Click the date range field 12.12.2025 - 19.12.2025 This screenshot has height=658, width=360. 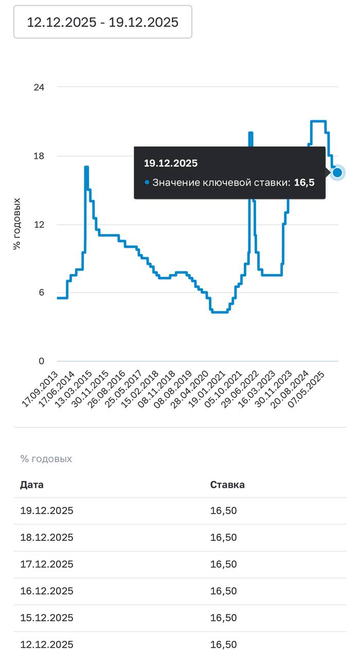[102, 22]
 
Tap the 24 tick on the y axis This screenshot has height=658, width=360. [39, 87]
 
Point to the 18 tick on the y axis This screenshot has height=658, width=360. [39, 156]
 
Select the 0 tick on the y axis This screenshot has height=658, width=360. [41, 361]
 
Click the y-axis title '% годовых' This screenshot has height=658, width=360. [17, 224]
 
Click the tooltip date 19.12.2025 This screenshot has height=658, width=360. [171, 163]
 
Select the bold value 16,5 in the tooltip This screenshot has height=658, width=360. [304, 182]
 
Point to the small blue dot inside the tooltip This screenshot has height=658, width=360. [147, 182]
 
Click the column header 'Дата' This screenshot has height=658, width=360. [32, 485]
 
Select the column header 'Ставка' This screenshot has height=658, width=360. [227, 485]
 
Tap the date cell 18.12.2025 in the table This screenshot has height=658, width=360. [47, 538]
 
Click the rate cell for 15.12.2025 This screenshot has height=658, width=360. [224, 618]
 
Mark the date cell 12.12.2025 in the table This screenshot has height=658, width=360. [47, 645]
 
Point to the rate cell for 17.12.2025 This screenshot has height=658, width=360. [224, 564]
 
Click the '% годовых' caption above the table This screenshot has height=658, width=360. [46, 459]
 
